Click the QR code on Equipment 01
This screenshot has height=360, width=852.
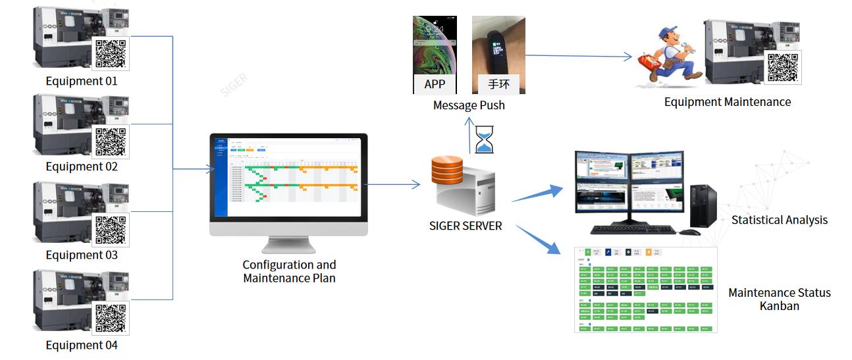111,54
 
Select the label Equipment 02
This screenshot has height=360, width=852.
82,167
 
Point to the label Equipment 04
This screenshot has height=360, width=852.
82,345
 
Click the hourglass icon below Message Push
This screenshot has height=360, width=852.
484,140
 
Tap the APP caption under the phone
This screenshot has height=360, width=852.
435,84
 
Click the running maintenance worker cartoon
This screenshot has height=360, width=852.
668,56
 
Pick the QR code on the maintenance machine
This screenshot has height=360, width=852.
783,68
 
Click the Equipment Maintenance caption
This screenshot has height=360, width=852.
727,102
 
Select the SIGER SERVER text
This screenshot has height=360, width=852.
465,226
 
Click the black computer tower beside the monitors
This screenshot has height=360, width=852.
703,206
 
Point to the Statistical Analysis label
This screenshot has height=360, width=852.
779,220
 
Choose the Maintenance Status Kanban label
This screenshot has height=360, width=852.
779,299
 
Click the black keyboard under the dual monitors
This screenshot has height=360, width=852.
633,230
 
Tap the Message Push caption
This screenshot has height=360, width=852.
469,105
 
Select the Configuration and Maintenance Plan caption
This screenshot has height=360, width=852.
289,271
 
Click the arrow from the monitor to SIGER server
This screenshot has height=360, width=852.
392,184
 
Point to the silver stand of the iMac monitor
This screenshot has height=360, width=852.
288,244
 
